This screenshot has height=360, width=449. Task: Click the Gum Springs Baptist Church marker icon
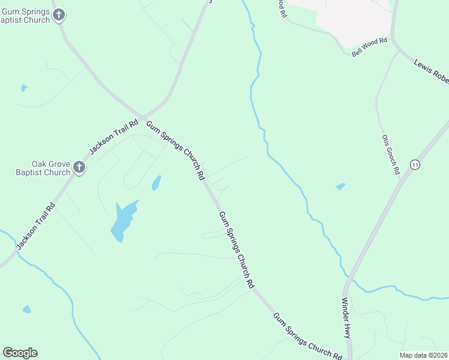click(x=58, y=15)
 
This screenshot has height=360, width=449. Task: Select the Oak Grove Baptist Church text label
click(x=51, y=169)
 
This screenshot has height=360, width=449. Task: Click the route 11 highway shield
click(x=414, y=164)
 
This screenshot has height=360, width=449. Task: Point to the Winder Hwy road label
click(x=346, y=317)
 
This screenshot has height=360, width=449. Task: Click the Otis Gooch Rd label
click(x=391, y=154)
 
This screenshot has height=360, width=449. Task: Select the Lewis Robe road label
click(x=432, y=71)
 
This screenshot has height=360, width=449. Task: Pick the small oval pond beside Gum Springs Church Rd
click(x=156, y=182)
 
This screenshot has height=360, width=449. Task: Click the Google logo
click(x=20, y=353)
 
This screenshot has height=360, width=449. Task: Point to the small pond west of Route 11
click(x=341, y=187)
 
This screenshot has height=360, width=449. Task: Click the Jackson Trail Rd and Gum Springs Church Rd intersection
click(x=143, y=116)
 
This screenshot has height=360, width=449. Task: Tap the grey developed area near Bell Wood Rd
click(x=354, y=18)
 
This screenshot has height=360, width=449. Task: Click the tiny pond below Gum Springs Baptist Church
click(x=24, y=88)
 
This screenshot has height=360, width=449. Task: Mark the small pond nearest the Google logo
click(x=26, y=310)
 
